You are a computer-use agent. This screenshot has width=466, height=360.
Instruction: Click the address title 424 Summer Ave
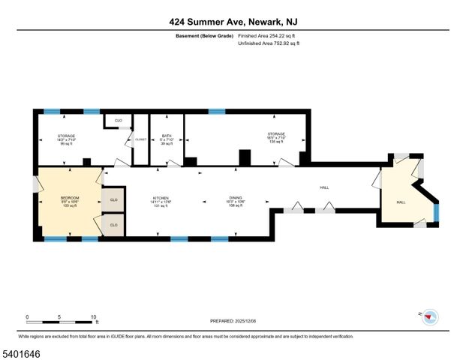coord(233,22)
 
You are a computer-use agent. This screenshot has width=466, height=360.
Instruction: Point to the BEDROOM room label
coord(69,198)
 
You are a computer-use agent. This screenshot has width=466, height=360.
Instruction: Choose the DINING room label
coord(236,198)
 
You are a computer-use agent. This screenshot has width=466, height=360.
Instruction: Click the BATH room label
coord(166,136)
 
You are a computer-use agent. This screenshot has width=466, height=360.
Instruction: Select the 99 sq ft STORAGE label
coord(67,139)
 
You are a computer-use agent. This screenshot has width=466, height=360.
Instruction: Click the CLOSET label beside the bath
coord(140,139)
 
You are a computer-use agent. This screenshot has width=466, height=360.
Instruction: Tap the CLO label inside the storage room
coord(118,120)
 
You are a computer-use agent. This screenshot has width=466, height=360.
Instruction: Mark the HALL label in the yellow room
coord(401,202)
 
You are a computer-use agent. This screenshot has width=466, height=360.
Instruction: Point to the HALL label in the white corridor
coord(324,187)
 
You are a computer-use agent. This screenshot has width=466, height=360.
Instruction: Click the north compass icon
coord(429,316)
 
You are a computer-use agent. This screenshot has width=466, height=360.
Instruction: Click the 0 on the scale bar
coord(27,316)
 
